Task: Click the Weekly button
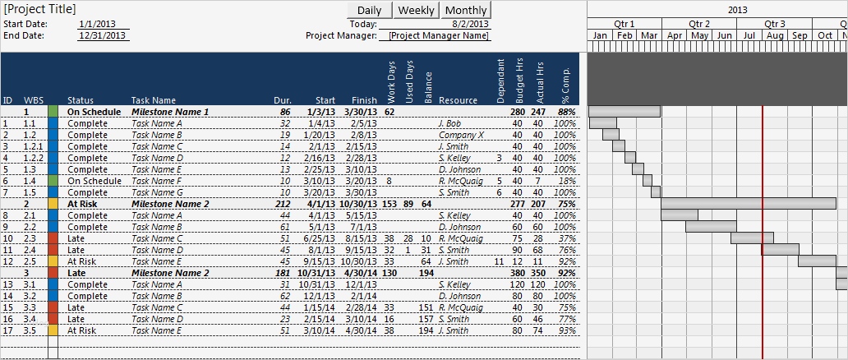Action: (x=417, y=10)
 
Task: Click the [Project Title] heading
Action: (x=39, y=9)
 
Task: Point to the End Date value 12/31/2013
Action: (x=103, y=35)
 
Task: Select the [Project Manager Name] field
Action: (x=439, y=36)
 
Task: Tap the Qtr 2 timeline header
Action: (x=699, y=24)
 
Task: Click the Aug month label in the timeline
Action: (x=774, y=36)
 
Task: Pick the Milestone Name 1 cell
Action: (x=170, y=112)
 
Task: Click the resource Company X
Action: (x=461, y=135)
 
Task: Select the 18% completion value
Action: (x=565, y=181)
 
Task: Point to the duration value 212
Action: (x=283, y=204)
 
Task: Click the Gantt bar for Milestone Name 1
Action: (x=624, y=111)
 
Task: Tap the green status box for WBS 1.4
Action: (x=53, y=181)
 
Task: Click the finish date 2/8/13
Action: (x=363, y=135)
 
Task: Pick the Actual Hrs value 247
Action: (x=537, y=112)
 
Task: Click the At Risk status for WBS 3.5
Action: (x=81, y=330)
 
